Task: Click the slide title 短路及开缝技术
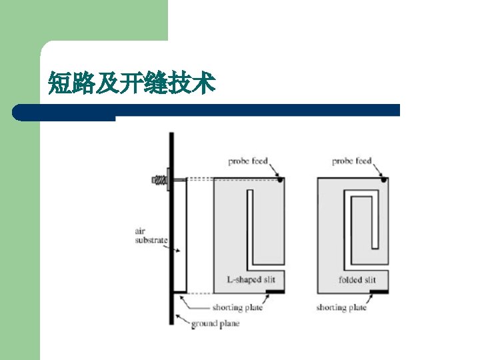click(131, 85)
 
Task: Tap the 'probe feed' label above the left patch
click(247, 161)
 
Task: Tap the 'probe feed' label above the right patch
click(351, 161)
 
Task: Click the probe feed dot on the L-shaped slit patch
click(281, 179)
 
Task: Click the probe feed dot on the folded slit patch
click(384, 179)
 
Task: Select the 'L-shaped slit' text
click(251, 280)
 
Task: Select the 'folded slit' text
click(357, 280)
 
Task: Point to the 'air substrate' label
click(150, 235)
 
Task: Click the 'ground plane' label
click(215, 324)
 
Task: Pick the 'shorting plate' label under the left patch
click(237, 308)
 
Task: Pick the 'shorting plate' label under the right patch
click(341, 308)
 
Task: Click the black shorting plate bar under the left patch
click(274, 292)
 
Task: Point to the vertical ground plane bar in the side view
click(171, 233)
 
